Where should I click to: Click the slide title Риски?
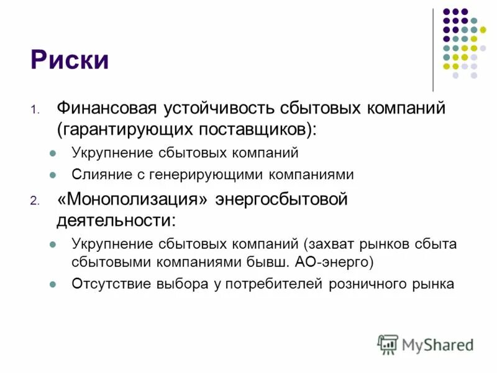(70, 60)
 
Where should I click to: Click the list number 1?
(34, 110)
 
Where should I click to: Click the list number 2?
(34, 201)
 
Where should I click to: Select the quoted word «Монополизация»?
(134, 199)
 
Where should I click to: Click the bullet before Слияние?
(53, 175)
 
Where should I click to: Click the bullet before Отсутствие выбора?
(53, 285)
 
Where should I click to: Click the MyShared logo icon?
(388, 344)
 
